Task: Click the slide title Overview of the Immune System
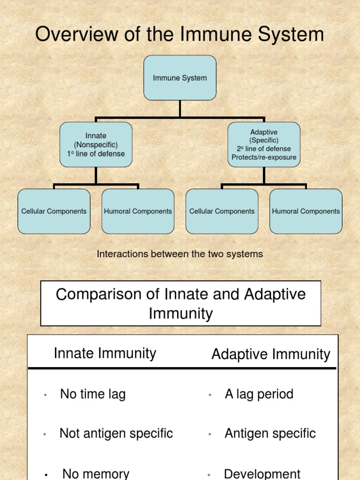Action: tap(180, 34)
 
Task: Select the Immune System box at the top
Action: tap(180, 78)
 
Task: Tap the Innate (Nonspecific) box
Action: tap(96, 144)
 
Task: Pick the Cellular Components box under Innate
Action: tap(54, 211)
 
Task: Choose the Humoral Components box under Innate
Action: tap(138, 211)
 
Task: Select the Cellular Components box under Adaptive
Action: tap(222, 211)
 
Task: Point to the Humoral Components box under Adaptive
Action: tap(306, 211)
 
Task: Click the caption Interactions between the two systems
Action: tap(180, 254)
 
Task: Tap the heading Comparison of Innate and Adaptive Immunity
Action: tap(180, 303)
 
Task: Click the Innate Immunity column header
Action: tap(105, 353)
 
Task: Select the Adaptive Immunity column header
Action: tap(270, 354)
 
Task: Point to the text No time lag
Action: tap(93, 394)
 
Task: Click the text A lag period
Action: tap(259, 394)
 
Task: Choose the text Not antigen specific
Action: tap(116, 434)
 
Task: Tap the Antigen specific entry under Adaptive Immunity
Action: tap(270, 434)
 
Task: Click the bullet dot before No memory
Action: tap(46, 475)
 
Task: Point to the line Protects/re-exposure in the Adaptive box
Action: tap(264, 157)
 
